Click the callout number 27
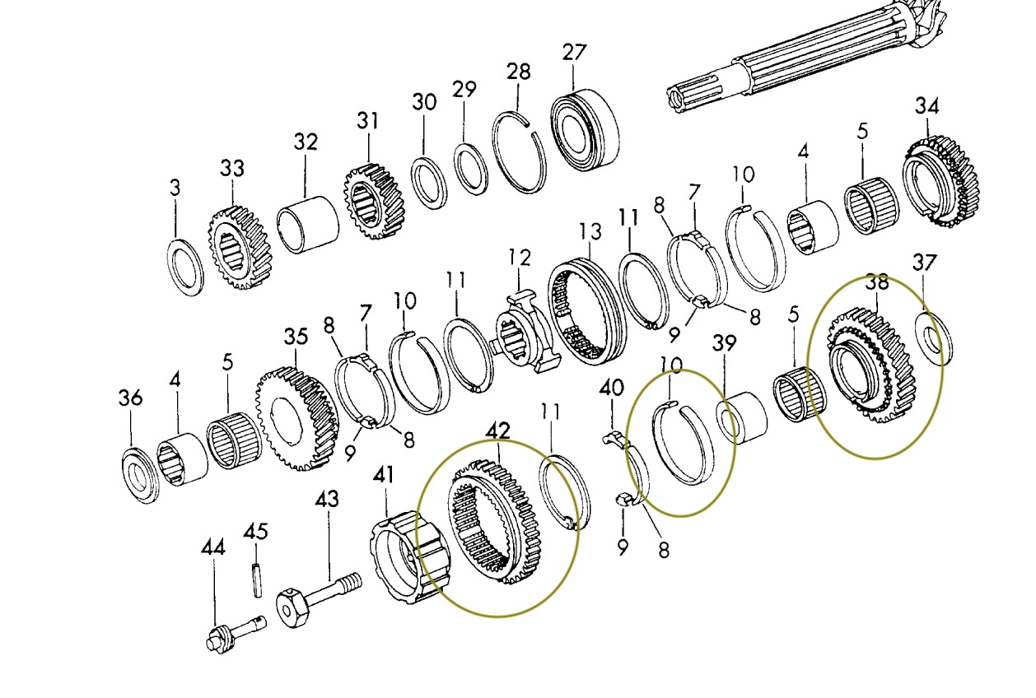tap(574, 53)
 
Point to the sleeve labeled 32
tap(307, 224)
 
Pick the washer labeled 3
tap(185, 268)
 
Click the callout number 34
tap(926, 106)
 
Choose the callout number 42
tap(497, 430)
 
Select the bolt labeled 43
tap(322, 596)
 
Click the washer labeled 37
tap(934, 337)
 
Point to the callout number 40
tap(610, 386)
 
